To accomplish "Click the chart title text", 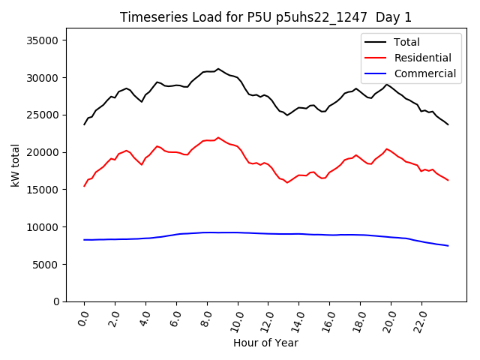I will click(265, 17).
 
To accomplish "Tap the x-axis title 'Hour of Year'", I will click(265, 343).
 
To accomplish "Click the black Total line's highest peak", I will click(218, 69).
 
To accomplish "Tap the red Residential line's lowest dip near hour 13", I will click(286, 182).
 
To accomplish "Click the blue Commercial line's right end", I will click(448, 246).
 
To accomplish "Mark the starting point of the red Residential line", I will click(85, 186).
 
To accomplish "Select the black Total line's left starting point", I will click(85, 124).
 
